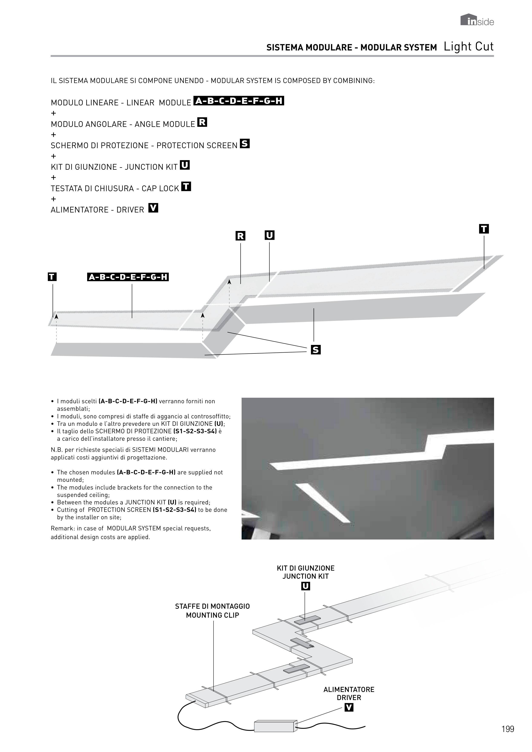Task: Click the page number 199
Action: click(508, 729)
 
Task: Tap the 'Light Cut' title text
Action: click(469, 47)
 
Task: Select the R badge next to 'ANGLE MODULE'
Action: click(202, 122)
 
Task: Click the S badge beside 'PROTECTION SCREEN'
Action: click(245, 144)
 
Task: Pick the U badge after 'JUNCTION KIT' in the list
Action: click(185, 165)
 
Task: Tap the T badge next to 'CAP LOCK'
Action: click(186, 187)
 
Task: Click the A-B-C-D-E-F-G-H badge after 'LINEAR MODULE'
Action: click(239, 101)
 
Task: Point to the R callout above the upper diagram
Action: click(240, 236)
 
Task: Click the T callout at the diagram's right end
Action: click(484, 229)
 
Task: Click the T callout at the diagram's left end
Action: click(52, 277)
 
